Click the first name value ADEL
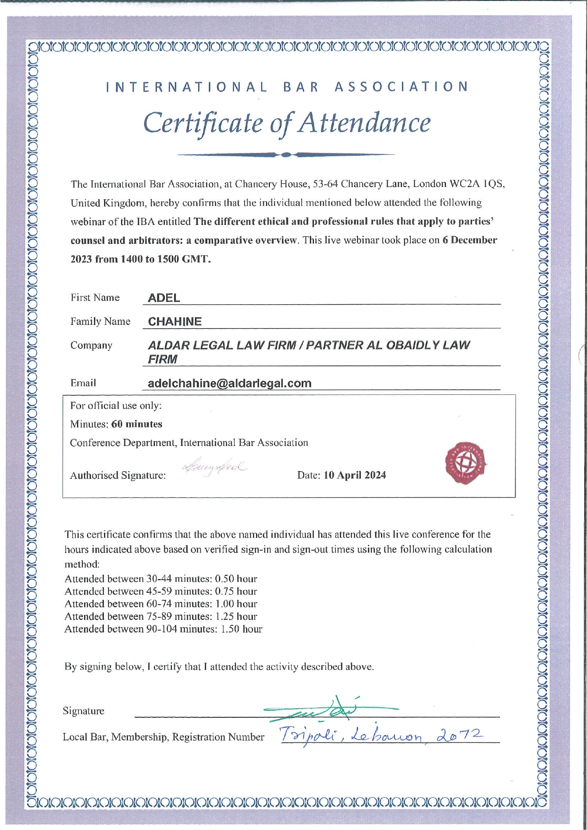pos(164,298)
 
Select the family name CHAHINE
pos(175,321)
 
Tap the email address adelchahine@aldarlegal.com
pos(230,383)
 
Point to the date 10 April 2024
pos(355,475)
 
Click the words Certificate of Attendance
pos(287,123)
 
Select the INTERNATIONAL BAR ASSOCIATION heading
pos(287,87)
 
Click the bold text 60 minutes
pos(137,424)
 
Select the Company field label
pos(91,345)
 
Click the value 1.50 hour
pos(241,629)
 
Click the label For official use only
pos(116,405)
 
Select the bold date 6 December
pos(470,240)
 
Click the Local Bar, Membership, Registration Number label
pos(163,737)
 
